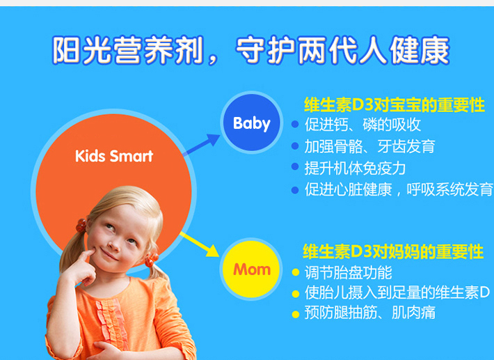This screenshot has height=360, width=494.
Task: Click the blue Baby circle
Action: (x=251, y=123)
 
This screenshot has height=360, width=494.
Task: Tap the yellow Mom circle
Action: (x=251, y=269)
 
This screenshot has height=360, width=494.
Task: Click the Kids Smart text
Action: (x=114, y=156)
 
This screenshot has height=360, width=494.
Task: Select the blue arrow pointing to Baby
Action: (x=201, y=144)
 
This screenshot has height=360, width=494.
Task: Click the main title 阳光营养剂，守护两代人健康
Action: (x=250, y=50)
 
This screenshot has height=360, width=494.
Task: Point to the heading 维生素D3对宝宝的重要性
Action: (x=395, y=105)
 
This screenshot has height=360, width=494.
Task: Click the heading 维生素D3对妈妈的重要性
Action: (x=393, y=251)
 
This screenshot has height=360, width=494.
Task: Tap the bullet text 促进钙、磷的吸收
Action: (x=362, y=125)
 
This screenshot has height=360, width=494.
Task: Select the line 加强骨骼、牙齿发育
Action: (x=370, y=146)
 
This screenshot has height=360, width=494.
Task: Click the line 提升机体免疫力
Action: (x=355, y=168)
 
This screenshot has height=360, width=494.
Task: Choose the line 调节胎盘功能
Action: (x=349, y=272)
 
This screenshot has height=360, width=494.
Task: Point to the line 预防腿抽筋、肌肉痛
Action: (x=370, y=313)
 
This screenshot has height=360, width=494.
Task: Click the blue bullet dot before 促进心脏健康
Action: (x=295, y=190)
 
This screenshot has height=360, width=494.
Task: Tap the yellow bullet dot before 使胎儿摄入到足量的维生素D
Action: (x=296, y=294)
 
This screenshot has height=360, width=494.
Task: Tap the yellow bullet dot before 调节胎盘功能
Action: (x=296, y=272)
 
